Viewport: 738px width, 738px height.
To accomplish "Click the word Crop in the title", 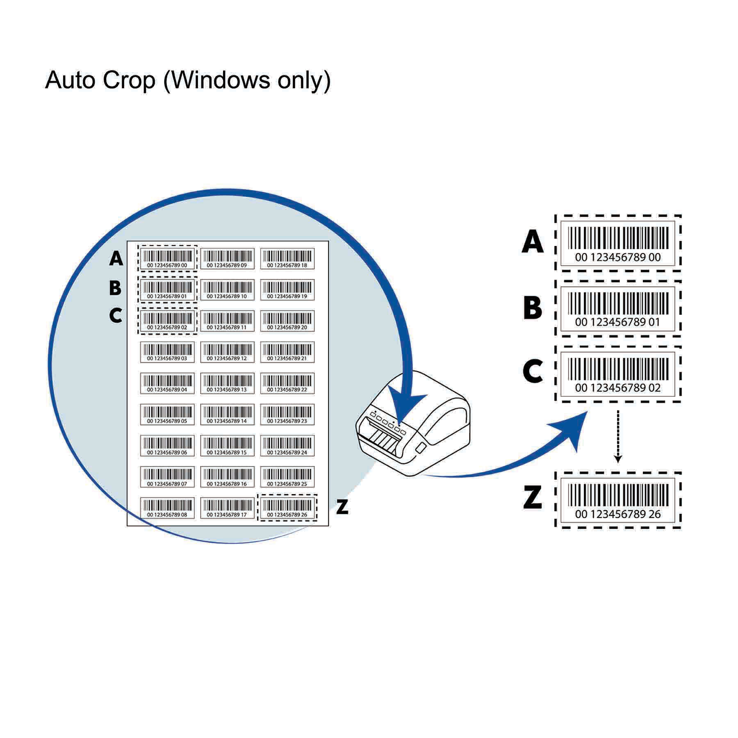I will [x=129, y=80].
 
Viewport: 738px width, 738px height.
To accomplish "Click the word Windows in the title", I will [x=219, y=80].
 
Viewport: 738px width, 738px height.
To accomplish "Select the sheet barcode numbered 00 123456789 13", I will [x=227, y=383].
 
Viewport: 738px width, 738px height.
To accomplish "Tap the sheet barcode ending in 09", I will [x=227, y=259].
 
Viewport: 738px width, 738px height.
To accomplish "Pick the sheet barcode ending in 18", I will [x=287, y=259].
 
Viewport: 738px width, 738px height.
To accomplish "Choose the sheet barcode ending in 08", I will [x=167, y=508].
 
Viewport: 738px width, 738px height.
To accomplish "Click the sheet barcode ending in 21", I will [x=287, y=352].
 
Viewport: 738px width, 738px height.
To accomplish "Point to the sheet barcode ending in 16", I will [x=227, y=477].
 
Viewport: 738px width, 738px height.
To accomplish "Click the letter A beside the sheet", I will [x=116, y=259].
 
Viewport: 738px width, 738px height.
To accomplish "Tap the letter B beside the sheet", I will [x=115, y=288].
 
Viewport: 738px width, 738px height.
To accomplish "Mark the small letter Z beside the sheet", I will [x=342, y=507].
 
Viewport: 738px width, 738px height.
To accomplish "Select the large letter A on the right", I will [x=532, y=242].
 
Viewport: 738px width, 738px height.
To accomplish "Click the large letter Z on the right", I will [x=532, y=497].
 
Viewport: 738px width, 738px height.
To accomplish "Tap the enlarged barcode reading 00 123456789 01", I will [x=618, y=308].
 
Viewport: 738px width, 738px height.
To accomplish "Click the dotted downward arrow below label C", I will [x=618, y=437].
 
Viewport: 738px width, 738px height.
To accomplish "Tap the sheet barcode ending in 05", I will [x=167, y=415].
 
